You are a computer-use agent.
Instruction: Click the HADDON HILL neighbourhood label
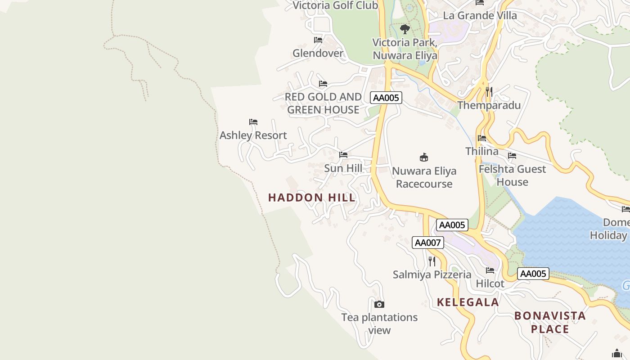coord(312,198)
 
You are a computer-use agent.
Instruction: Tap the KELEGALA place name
coord(468,302)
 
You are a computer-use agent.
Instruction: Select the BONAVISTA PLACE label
coord(550,322)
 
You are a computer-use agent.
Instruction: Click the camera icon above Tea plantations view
coord(379,305)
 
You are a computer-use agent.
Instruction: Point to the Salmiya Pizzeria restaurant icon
coord(432,261)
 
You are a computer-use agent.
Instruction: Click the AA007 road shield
coord(428,243)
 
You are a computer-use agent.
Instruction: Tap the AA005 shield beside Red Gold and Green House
coord(386,98)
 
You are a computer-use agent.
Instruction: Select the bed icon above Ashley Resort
coord(253,122)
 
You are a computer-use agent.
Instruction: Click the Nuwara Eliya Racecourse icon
coord(424,157)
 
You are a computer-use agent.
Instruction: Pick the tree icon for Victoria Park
coord(405,30)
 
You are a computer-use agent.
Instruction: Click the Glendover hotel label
coord(318,53)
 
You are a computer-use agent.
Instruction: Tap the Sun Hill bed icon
coord(343,155)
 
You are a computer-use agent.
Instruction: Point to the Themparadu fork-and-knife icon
coord(489,92)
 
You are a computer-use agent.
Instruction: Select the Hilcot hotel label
coord(490,284)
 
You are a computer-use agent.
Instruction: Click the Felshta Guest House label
coord(512,175)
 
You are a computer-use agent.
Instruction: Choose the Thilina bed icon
coord(482,138)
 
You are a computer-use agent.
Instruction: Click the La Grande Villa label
coord(480,15)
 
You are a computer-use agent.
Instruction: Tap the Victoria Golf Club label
coord(335,5)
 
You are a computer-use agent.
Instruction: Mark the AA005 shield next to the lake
coord(533,274)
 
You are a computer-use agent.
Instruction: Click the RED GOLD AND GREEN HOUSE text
coord(323,103)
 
